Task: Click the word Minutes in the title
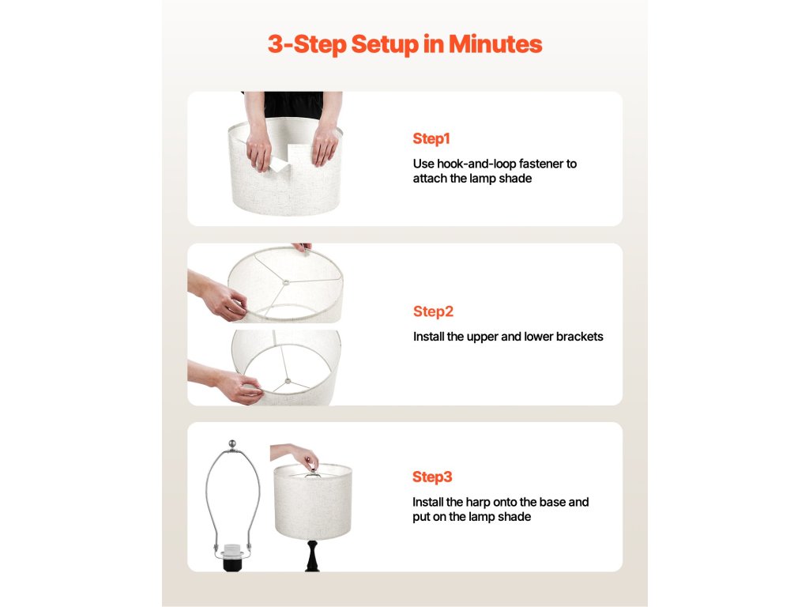tap(495, 44)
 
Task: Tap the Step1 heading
tap(431, 138)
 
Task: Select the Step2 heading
tap(433, 311)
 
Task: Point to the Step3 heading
tap(432, 477)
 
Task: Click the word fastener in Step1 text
tap(540, 164)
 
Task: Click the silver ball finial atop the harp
tap(233, 443)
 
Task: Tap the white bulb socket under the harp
tap(232, 549)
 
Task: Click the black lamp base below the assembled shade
tap(312, 556)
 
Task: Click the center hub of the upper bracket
tap(285, 282)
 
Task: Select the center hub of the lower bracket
tap(288, 382)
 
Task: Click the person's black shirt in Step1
tap(293, 105)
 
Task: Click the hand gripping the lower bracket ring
tap(239, 387)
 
